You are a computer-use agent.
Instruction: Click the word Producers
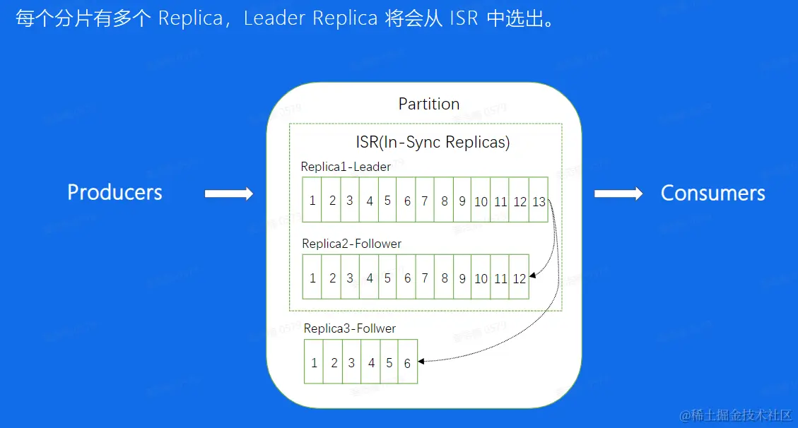pyautogui.click(x=115, y=192)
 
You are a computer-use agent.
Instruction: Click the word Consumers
pyautogui.click(x=712, y=194)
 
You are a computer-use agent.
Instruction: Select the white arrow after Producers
pyautogui.click(x=228, y=194)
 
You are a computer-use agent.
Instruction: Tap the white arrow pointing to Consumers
pyautogui.click(x=618, y=194)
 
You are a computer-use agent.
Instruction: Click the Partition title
pyautogui.click(x=429, y=105)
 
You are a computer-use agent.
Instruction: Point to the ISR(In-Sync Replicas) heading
pyautogui.click(x=433, y=142)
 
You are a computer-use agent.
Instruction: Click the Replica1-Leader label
pyautogui.click(x=346, y=167)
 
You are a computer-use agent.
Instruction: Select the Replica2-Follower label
pyautogui.click(x=351, y=244)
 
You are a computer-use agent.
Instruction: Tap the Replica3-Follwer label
pyautogui.click(x=350, y=328)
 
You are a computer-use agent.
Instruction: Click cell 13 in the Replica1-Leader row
pyautogui.click(x=539, y=201)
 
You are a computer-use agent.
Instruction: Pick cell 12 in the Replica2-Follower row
pyautogui.click(x=520, y=278)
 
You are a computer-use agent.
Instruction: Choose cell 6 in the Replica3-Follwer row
pyautogui.click(x=408, y=363)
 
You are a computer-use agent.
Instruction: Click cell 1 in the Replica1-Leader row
pyautogui.click(x=312, y=201)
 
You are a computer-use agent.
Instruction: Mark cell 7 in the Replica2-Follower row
pyautogui.click(x=425, y=278)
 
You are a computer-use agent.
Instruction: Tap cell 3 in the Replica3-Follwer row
pyautogui.click(x=351, y=363)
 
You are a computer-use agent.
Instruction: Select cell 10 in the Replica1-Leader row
pyautogui.click(x=481, y=201)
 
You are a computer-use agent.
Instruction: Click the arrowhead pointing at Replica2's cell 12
pyautogui.click(x=533, y=277)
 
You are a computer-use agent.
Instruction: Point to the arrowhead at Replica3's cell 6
pyautogui.click(x=421, y=362)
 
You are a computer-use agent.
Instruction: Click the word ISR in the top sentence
pyautogui.click(x=464, y=18)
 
